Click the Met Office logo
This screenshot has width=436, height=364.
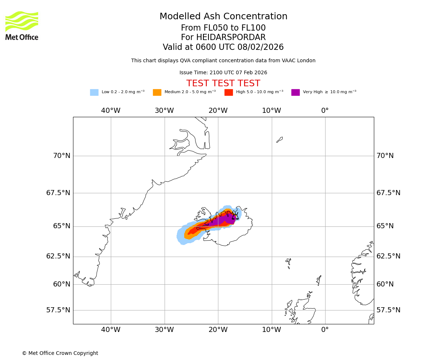pyautogui.click(x=22, y=25)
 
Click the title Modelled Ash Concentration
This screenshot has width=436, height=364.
pyautogui.click(x=223, y=17)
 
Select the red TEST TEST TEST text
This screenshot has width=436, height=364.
pyautogui.click(x=223, y=84)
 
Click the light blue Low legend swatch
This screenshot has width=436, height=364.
pyautogui.click(x=94, y=92)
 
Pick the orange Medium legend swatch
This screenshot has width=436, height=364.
pyautogui.click(x=157, y=92)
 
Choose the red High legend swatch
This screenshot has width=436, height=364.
pyautogui.click(x=229, y=92)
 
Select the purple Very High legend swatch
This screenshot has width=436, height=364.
pyautogui.click(x=295, y=92)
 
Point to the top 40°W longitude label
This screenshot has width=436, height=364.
pyautogui.click(x=110, y=111)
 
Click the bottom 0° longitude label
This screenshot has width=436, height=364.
pyautogui.click(x=325, y=330)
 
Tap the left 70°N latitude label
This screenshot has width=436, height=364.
pyautogui.click(x=62, y=156)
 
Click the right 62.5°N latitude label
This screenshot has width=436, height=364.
pyautogui.click(x=388, y=256)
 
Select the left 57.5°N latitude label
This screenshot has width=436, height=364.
pyautogui.click(x=58, y=310)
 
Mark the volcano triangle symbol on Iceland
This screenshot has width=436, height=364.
pyautogui.click(x=235, y=217)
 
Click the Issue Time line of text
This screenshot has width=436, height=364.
pyautogui.click(x=223, y=73)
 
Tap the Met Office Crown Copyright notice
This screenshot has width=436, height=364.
pyautogui.click(x=60, y=353)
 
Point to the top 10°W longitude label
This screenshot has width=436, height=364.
pyautogui.click(x=271, y=111)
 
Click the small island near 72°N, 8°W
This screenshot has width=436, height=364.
pyautogui.click(x=279, y=140)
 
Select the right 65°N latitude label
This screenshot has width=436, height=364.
pyautogui.click(x=385, y=226)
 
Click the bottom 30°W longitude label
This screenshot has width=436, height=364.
pyautogui.click(x=164, y=330)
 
